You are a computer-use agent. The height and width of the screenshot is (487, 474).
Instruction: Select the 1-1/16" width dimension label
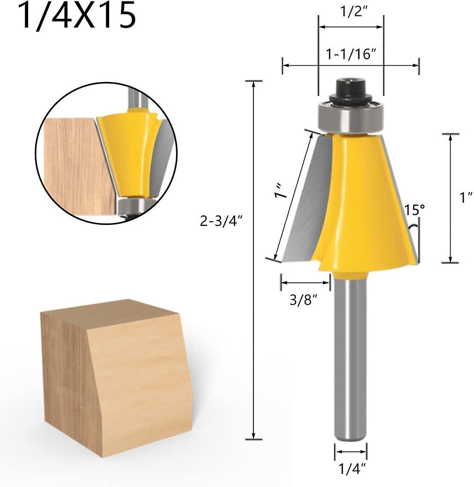(x=351, y=54)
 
